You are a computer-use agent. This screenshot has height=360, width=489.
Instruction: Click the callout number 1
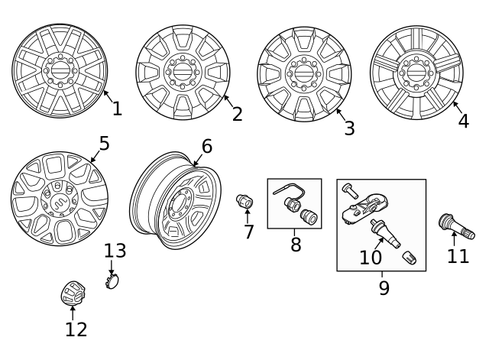coord(117,109)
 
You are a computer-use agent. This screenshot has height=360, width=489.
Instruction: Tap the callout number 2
coord(237,114)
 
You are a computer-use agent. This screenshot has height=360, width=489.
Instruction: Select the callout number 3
coord(349,128)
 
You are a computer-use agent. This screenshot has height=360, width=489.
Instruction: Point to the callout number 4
coord(463,121)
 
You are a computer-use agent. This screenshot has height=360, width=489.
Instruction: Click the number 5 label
coord(104,144)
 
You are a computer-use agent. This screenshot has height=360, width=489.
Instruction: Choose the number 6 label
coord(206,146)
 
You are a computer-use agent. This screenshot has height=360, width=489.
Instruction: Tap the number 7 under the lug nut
coord(248,232)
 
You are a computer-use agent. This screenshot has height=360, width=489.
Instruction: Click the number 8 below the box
coord(296,245)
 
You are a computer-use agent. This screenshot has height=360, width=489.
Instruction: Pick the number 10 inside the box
coord(371,258)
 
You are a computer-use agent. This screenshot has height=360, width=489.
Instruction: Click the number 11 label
coord(458,255)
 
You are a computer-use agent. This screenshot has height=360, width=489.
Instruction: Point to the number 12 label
coord(76,329)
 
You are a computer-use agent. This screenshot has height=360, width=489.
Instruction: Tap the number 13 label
coord(115,251)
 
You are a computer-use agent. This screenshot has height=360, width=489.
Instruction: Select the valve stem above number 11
coord(455,226)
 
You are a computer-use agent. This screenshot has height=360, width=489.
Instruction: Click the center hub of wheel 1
coord(59,70)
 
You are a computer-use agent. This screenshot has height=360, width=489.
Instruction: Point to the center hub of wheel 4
coord(416,72)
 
